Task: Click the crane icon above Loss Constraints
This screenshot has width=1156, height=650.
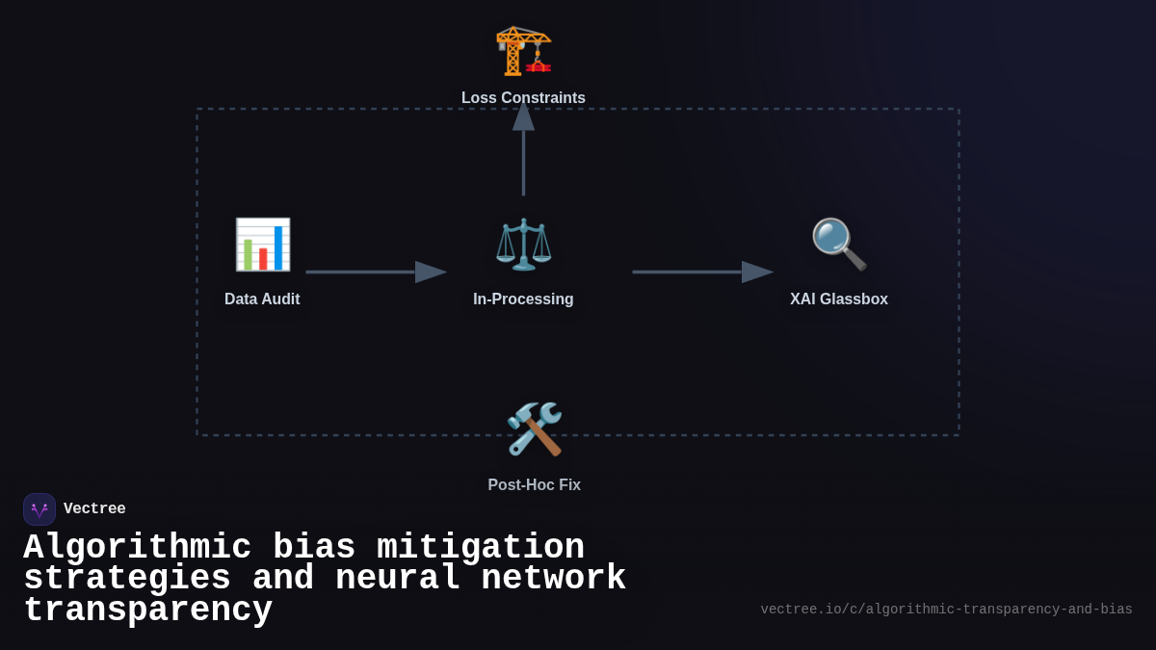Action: (x=523, y=50)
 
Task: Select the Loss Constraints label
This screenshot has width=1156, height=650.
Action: (x=523, y=98)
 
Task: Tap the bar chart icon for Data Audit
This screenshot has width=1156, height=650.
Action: (x=262, y=245)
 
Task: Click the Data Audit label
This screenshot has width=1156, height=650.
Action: (x=262, y=299)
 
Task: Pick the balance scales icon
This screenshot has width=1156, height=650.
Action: (x=523, y=245)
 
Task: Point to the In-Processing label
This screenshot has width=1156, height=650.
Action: (x=523, y=299)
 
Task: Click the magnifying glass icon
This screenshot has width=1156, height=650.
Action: (x=838, y=245)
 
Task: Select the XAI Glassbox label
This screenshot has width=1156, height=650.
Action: (x=838, y=299)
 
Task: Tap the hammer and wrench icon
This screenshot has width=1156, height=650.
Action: (x=534, y=429)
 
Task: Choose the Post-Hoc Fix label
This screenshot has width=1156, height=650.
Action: (x=534, y=485)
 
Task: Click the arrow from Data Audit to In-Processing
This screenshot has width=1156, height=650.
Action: (x=376, y=273)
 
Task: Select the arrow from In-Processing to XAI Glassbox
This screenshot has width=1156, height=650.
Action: (x=702, y=273)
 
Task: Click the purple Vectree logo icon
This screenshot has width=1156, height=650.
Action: (x=39, y=509)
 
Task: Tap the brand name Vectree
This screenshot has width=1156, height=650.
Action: (x=94, y=509)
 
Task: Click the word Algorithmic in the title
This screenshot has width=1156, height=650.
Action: (x=137, y=548)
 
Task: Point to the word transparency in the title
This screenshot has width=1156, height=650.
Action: (x=147, y=611)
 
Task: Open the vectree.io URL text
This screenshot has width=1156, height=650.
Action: (x=946, y=610)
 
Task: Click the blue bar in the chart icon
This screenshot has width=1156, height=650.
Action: (x=278, y=247)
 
